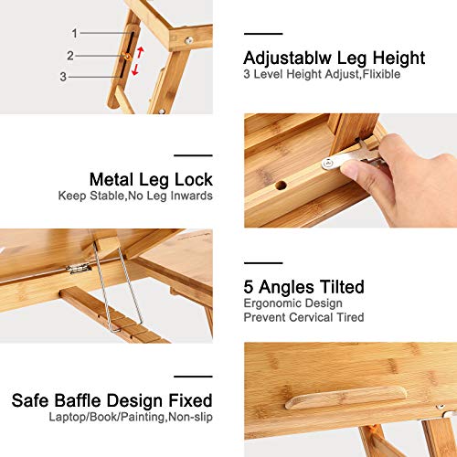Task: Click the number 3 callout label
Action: coord(63,77)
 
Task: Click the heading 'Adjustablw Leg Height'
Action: coord(334,58)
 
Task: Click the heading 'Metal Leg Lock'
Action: coord(151,179)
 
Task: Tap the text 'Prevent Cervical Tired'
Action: coord(303,316)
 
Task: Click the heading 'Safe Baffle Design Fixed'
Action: coord(112,400)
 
